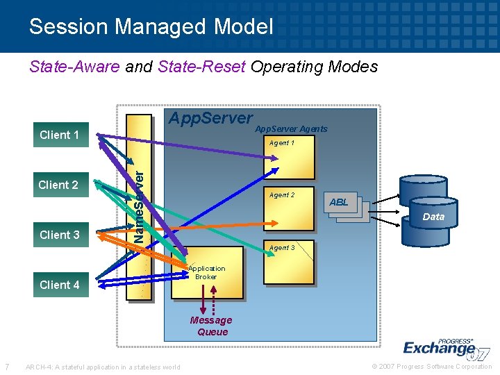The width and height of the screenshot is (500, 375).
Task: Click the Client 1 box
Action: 60,135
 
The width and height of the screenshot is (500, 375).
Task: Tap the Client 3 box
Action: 60,235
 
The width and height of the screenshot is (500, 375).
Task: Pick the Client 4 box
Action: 60,285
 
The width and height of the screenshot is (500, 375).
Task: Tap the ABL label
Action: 339,203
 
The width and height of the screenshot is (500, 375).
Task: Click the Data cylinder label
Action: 433,217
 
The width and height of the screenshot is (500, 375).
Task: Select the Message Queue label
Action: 212,326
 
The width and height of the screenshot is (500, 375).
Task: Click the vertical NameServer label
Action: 139,206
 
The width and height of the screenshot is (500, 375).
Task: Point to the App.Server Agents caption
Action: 291,129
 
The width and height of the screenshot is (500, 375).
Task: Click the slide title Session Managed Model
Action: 151,27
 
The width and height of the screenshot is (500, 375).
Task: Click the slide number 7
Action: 7,367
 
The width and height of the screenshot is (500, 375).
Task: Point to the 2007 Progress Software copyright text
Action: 431,367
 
